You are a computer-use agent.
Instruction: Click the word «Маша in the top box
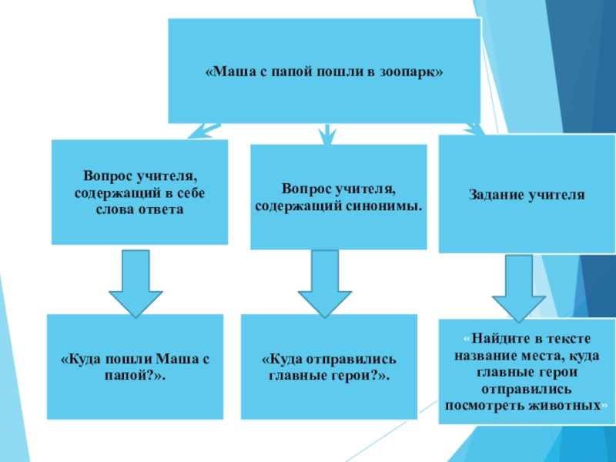pos(227,72)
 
